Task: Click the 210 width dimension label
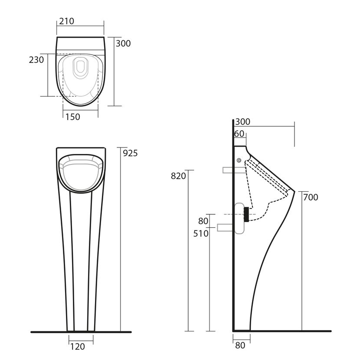tap(67, 21)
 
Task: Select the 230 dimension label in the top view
tap(36, 60)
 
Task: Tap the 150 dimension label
tap(73, 117)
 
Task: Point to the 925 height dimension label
tap(130, 153)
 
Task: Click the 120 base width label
tap(77, 347)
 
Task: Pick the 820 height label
tap(178, 176)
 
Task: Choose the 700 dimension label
tap(311, 197)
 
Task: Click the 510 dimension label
tap(201, 233)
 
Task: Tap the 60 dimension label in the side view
tap(239, 134)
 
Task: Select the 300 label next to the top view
tap(123, 43)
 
